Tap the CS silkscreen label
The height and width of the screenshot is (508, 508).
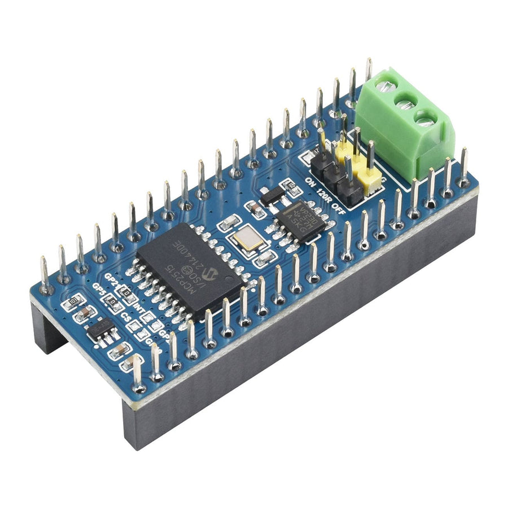tap(126, 318)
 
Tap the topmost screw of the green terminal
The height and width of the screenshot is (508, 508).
tap(386, 87)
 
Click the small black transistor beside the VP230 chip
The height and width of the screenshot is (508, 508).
tap(272, 196)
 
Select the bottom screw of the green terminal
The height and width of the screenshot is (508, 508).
tap(426, 119)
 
